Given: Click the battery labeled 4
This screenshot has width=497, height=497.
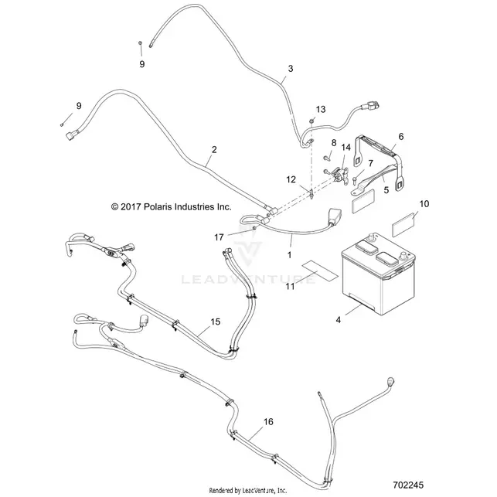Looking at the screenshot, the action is (x=379, y=274).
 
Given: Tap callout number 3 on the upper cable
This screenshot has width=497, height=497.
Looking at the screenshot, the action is (x=291, y=69).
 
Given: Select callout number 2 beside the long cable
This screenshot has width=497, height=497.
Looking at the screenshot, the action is (x=214, y=150).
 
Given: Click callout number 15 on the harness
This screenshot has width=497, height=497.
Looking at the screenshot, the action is (x=215, y=322).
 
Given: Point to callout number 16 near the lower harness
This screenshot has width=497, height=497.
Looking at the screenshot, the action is (x=268, y=422).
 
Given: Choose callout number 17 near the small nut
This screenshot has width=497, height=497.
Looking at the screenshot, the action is (x=219, y=237).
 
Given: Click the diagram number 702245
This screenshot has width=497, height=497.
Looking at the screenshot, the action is (x=408, y=485).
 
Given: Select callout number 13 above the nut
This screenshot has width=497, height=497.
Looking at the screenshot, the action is (x=321, y=109).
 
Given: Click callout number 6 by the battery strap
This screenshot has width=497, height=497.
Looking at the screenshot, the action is (x=401, y=137).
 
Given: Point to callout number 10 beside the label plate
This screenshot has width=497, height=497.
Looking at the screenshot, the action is (x=424, y=204).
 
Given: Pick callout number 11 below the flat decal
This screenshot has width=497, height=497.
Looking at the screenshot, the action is (x=290, y=287).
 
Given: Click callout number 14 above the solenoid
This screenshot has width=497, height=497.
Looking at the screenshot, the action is (x=346, y=148).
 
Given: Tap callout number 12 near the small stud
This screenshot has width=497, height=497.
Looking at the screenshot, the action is (x=291, y=180).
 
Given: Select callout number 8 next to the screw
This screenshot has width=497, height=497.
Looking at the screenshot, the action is (x=334, y=143).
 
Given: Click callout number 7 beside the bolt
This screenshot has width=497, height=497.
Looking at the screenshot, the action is (x=370, y=164).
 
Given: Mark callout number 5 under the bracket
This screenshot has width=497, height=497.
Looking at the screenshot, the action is (x=386, y=190).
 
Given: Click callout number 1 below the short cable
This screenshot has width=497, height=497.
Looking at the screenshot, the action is (x=289, y=255).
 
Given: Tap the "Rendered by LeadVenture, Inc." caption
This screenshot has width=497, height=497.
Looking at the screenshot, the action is (x=248, y=491).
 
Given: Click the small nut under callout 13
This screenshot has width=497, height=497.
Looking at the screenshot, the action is (x=312, y=121).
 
